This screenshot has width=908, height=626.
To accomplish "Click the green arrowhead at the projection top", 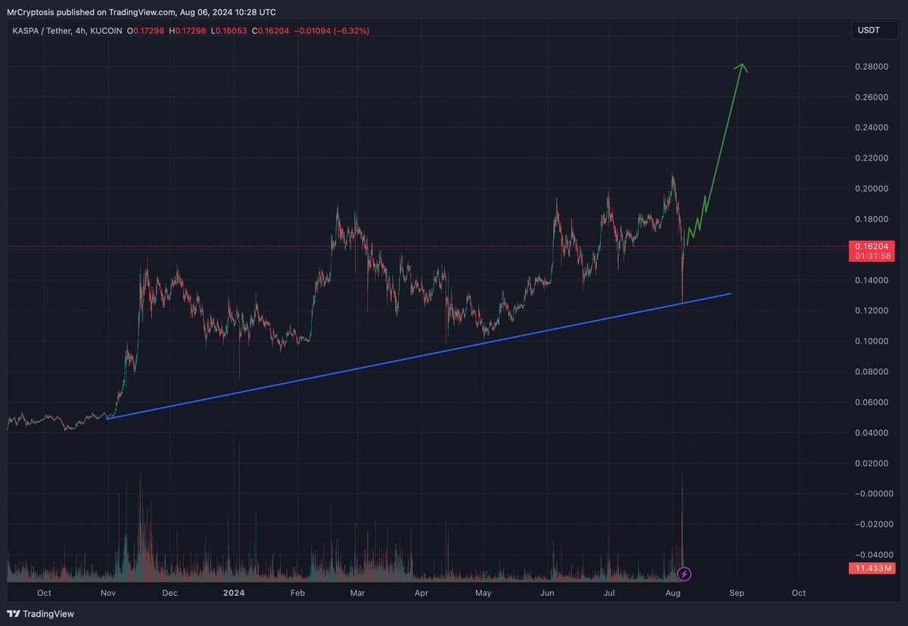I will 742,67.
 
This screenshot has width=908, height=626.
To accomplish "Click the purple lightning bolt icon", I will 685,574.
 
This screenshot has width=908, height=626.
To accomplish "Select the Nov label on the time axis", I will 108,593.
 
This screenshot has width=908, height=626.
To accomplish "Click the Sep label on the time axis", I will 737,593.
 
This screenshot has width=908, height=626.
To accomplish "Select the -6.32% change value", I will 354,30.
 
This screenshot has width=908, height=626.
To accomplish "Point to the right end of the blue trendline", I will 730,293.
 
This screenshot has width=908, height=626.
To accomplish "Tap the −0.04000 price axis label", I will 871,555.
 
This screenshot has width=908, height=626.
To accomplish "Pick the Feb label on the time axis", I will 298,593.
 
